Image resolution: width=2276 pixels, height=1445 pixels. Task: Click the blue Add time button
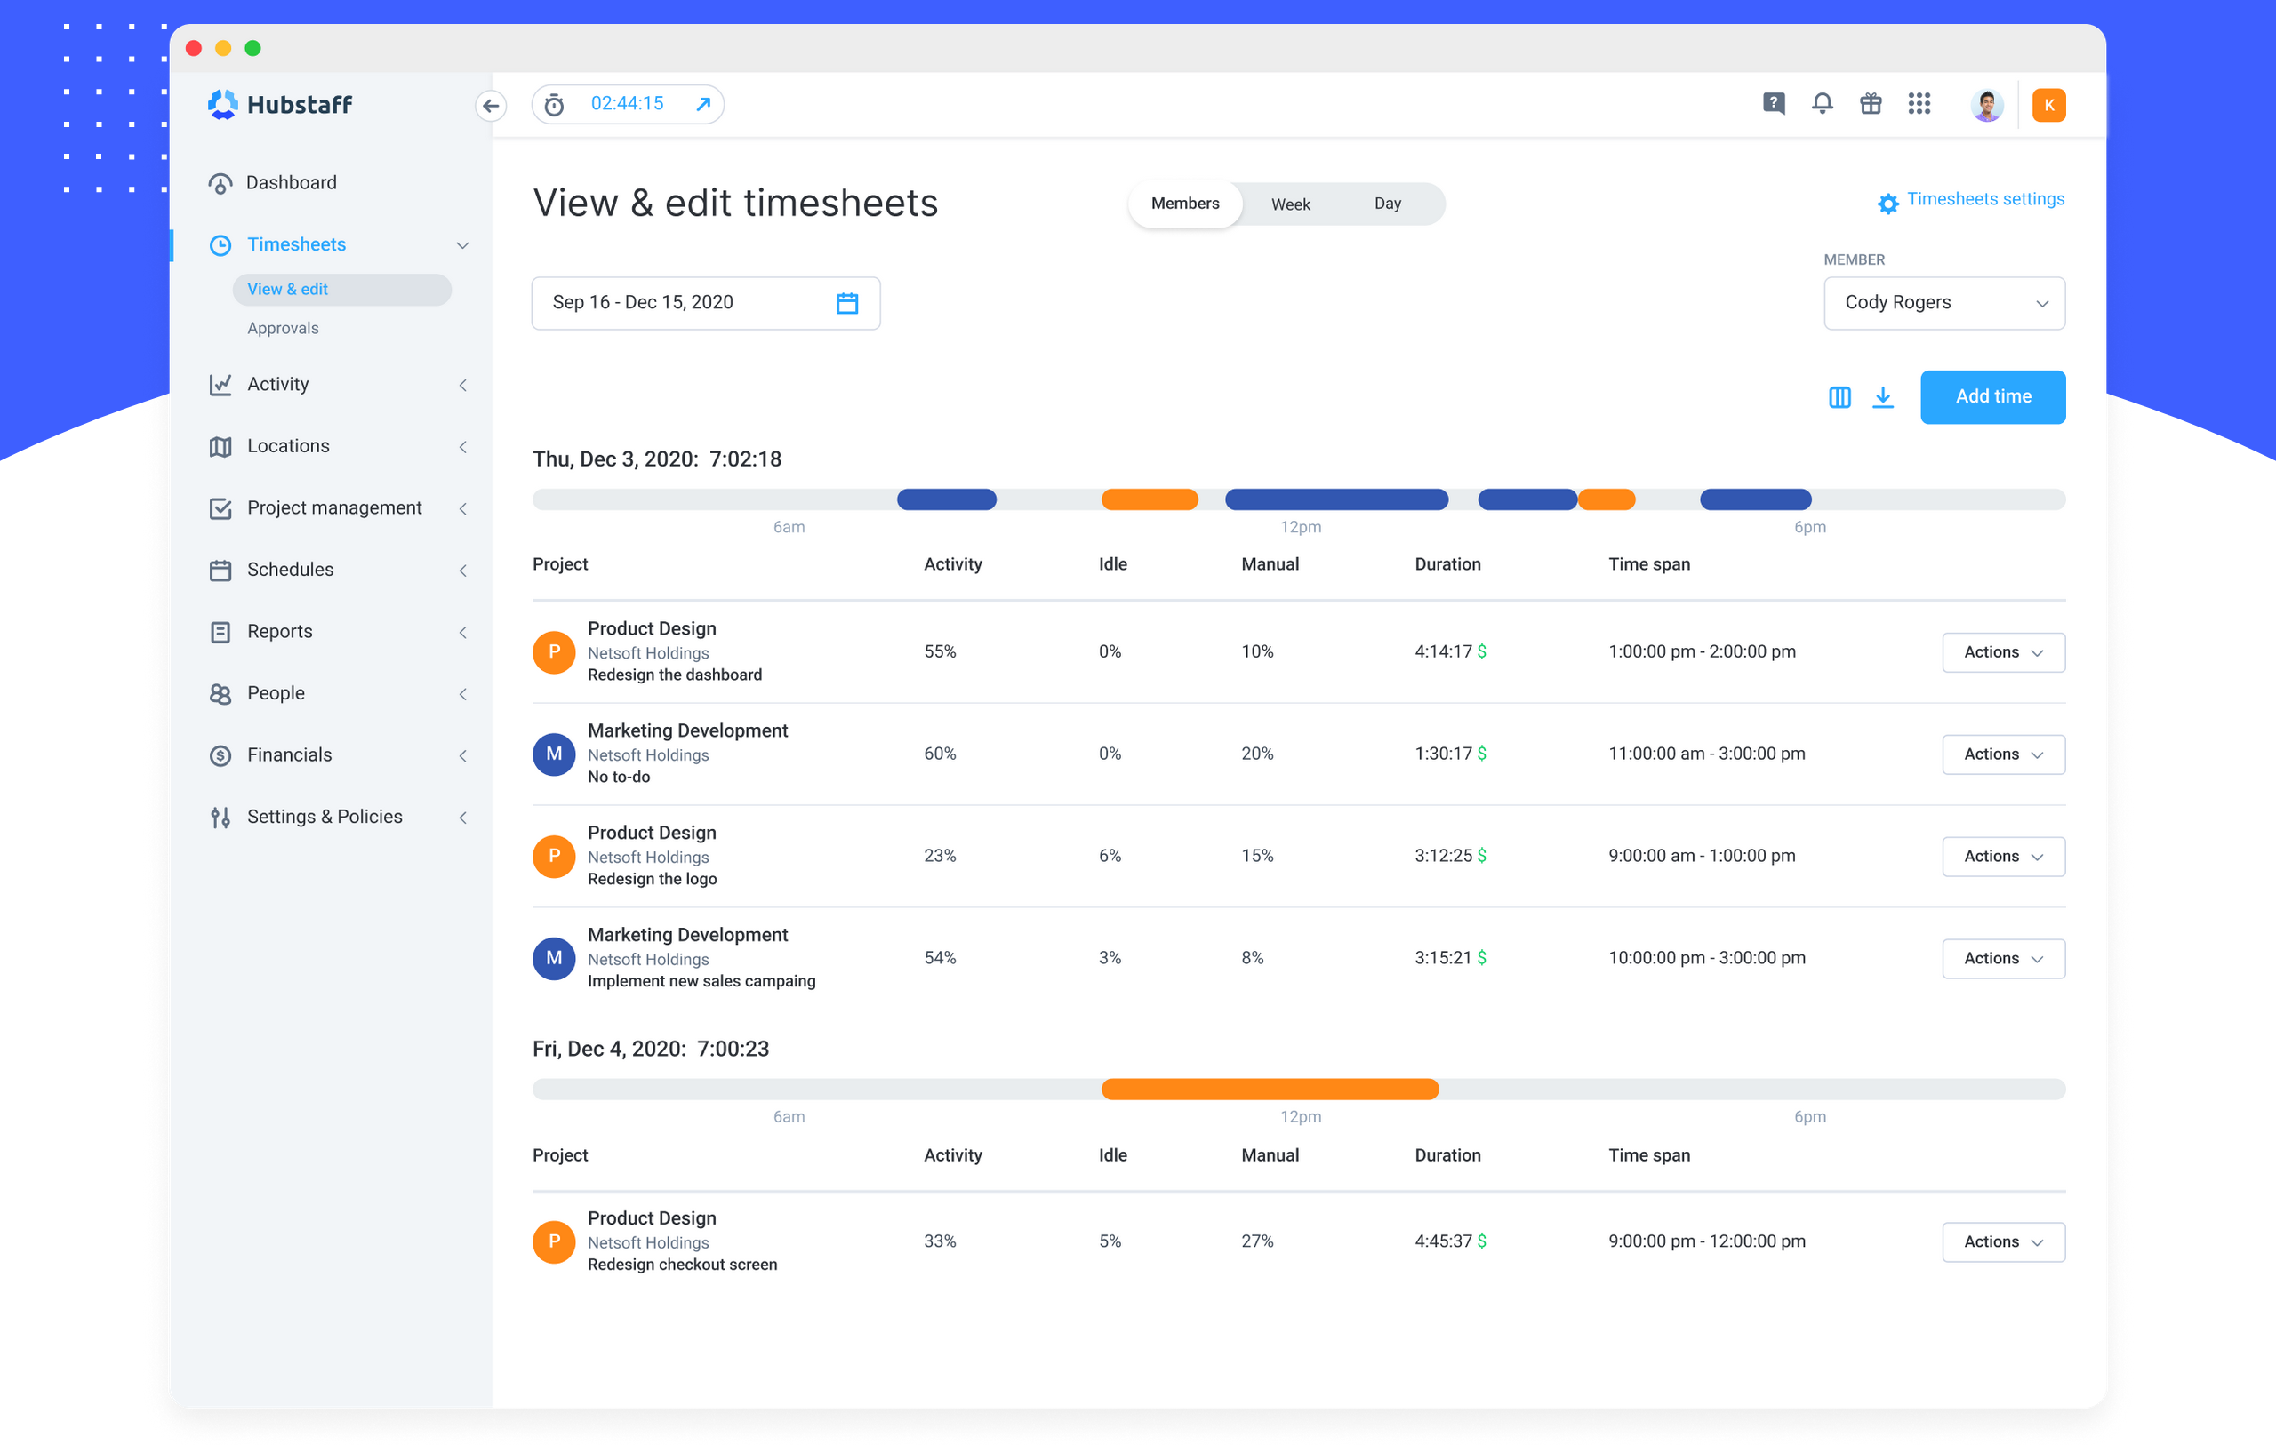coord(1991,397)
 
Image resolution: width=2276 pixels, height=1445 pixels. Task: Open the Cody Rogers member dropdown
coord(1943,302)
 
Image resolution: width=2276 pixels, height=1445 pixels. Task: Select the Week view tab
coord(1289,204)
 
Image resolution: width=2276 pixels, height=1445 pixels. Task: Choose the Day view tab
coord(1387,204)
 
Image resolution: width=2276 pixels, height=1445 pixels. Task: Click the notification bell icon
coord(1822,104)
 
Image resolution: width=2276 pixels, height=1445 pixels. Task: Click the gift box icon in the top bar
coord(1870,104)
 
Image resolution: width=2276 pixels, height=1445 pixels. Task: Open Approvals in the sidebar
coord(283,328)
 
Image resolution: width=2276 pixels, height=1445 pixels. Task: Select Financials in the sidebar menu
coord(289,755)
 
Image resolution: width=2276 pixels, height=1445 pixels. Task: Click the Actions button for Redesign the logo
coord(2002,856)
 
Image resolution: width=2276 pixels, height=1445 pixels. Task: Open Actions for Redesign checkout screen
coord(2002,1241)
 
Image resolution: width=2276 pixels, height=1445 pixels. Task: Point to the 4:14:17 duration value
coord(1442,652)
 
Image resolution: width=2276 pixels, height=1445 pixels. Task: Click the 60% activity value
coord(940,754)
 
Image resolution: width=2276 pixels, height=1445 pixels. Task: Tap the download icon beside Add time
coord(1882,397)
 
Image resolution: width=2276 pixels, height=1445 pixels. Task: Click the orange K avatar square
coord(2048,105)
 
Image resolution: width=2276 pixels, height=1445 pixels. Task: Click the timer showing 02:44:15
coord(628,104)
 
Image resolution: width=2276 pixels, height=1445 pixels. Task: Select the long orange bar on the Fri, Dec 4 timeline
coord(1270,1090)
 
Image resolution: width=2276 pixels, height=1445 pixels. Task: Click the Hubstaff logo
coord(280,104)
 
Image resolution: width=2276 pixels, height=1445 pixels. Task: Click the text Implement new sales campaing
coord(701,981)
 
